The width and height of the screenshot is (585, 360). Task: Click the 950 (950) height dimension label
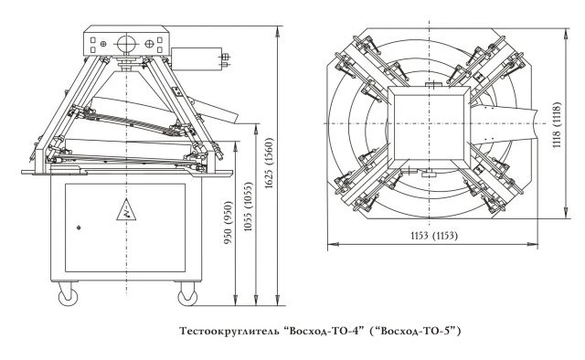[x=228, y=222]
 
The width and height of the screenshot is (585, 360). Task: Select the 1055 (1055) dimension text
[x=249, y=206]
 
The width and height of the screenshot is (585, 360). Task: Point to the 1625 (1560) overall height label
[x=270, y=163]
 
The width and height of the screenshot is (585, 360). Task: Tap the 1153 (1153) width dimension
[x=434, y=236]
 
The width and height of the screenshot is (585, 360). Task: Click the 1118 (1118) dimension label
[x=557, y=124]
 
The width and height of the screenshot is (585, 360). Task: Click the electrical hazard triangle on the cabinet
[x=126, y=210]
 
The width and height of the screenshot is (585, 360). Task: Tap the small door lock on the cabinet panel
[x=79, y=228]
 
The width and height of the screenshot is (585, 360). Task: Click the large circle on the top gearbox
[x=127, y=44]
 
